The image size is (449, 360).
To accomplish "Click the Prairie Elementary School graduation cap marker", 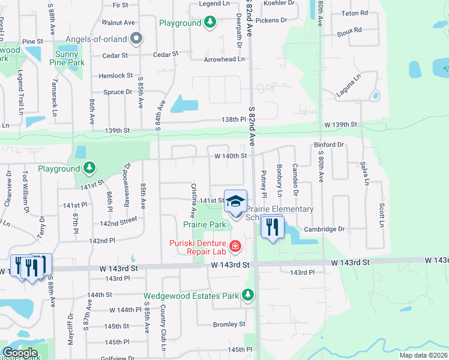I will coord(236,202).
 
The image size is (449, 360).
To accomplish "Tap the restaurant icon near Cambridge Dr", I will coord(272,227).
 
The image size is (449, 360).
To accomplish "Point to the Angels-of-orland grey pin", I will coord(136,39).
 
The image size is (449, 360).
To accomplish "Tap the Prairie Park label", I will coord(205,224).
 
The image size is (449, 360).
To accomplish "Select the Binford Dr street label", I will coord(328,145).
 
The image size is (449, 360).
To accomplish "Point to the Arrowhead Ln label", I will coord(224,59).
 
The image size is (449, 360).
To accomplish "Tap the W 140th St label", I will coord(231,156).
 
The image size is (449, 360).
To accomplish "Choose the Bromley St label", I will coord(229,324).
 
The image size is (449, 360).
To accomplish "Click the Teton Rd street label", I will coord(354,13).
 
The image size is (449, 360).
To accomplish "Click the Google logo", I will coord(20,353).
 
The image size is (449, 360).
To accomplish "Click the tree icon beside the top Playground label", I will coord(209,23).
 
